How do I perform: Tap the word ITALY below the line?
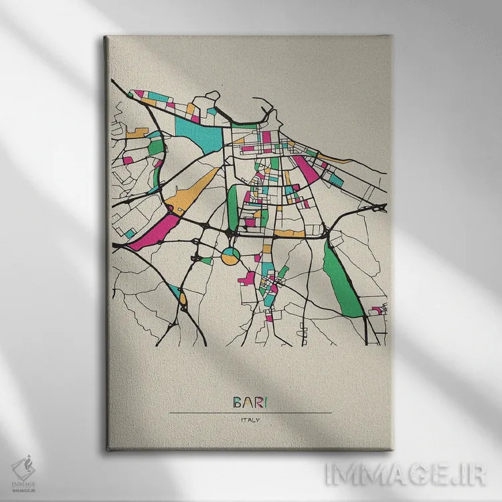250,420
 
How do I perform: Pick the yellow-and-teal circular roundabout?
230,255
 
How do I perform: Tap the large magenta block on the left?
154,230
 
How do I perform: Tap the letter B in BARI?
238,403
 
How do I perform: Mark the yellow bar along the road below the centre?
289,234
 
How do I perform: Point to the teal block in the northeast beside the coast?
336,179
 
